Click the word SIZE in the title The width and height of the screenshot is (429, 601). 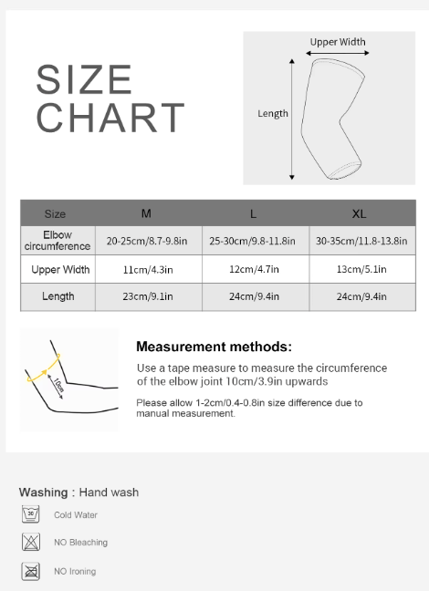(85, 80)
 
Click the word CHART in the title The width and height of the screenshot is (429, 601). (110, 119)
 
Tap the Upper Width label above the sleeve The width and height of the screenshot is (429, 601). (338, 42)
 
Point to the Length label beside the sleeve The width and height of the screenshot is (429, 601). (273, 114)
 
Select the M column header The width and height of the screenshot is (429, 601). (146, 213)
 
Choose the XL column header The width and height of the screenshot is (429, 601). (360, 213)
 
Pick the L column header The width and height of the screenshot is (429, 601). (253, 213)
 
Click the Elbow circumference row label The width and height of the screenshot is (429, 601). (57, 241)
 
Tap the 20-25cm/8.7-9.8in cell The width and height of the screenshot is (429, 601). (146, 242)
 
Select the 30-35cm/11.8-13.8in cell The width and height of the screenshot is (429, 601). (360, 242)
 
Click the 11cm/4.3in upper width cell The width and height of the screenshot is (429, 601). (146, 270)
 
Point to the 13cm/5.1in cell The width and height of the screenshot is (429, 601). (360, 270)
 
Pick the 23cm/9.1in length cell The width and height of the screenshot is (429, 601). (146, 296)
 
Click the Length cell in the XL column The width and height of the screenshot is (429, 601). (360, 296)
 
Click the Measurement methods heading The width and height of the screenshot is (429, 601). (214, 347)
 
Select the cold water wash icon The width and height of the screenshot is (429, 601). (31, 514)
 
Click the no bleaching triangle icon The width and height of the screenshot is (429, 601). (31, 543)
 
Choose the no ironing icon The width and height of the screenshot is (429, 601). (31, 572)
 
